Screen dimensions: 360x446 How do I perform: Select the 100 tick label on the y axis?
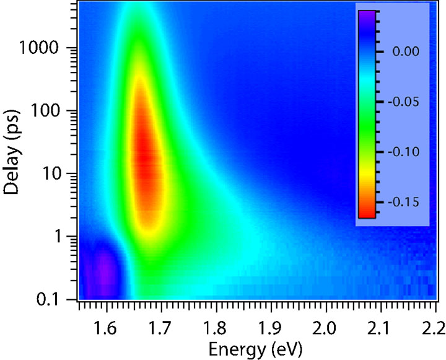pyautogui.click(x=54, y=112)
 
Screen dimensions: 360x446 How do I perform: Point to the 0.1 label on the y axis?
pyautogui.click(x=56, y=300)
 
